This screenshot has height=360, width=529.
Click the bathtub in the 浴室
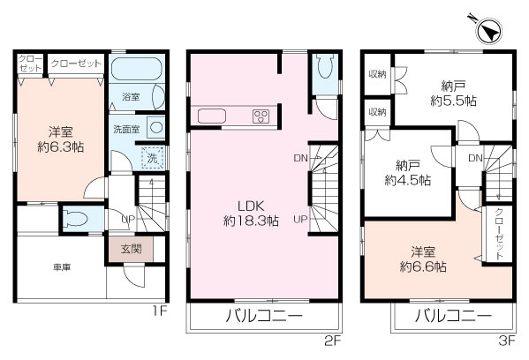pyautogui.click(x=135, y=71)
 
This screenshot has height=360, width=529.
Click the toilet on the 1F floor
pyautogui.click(x=75, y=217)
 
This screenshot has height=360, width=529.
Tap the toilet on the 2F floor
pyautogui.click(x=324, y=71)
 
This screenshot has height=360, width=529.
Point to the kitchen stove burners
pyautogui.click(x=261, y=116)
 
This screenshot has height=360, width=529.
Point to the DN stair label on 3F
pyautogui.click(x=474, y=158)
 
